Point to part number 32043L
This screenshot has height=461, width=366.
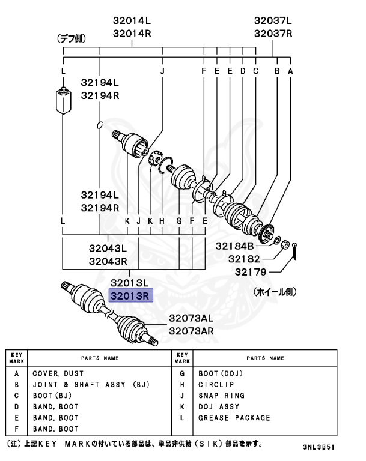[x=108, y=248]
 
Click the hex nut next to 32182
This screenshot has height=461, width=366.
[x=286, y=244]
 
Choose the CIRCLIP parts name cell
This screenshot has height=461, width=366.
[x=217, y=385]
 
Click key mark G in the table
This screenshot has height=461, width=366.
[x=181, y=373]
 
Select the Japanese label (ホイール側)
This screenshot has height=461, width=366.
[x=276, y=292]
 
